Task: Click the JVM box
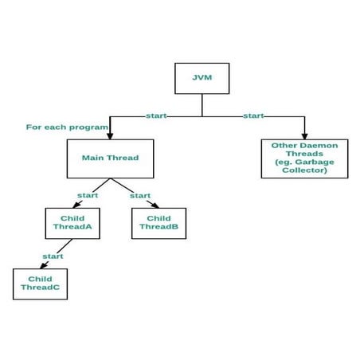(202, 79)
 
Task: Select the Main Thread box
(110, 158)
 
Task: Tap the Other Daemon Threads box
(304, 158)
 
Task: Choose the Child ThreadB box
(158, 222)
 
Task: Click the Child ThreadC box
(40, 284)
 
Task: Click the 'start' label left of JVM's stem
(156, 116)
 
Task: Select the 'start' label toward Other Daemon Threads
(253, 116)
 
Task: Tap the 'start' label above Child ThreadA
(88, 195)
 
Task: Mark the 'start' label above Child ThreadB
(140, 195)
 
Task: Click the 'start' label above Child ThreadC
(53, 256)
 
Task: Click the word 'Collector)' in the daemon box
(304, 170)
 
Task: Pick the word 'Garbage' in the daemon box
(314, 162)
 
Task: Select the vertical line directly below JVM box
(202, 105)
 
